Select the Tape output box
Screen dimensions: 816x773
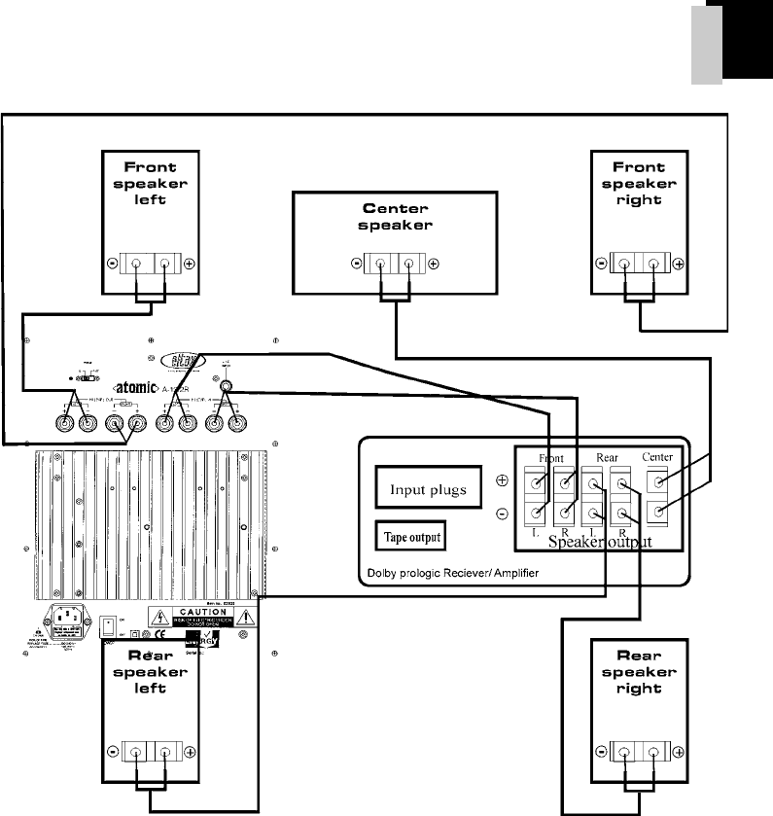click(x=412, y=536)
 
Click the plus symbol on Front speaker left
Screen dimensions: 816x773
click(x=190, y=264)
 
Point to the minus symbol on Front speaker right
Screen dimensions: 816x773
click(x=601, y=264)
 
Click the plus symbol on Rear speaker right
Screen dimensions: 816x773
click(x=678, y=751)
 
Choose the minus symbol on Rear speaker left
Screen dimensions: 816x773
click(x=113, y=751)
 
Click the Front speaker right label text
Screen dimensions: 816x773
click(x=639, y=183)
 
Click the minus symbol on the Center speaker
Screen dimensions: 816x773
click(x=356, y=264)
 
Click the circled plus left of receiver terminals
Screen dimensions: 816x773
click(x=502, y=481)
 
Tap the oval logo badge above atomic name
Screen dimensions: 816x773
click(x=183, y=359)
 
